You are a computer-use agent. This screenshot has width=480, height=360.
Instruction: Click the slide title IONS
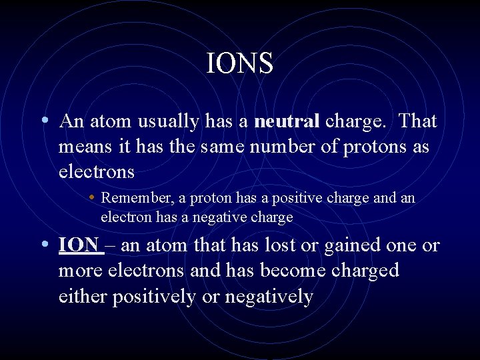(240, 64)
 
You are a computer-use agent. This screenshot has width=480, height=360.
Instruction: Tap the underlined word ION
(79, 245)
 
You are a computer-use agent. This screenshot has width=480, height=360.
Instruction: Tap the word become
(291, 271)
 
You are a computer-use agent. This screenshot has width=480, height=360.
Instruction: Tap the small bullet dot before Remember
(91, 198)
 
